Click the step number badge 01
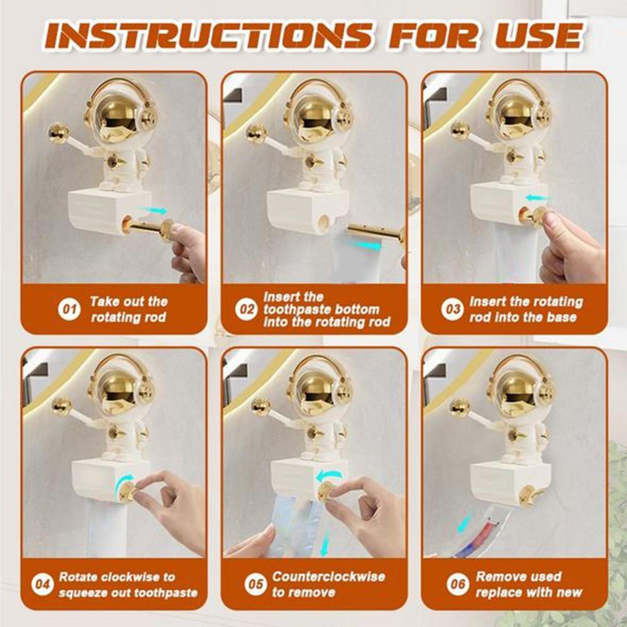click(x=69, y=309)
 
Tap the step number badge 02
click(x=246, y=309)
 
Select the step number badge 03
click(x=452, y=309)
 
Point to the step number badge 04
click(x=42, y=584)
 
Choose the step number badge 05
click(x=256, y=584)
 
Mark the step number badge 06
click(x=458, y=584)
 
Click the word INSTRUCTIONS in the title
click(x=208, y=36)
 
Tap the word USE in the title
click(x=539, y=36)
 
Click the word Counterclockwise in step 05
click(x=329, y=577)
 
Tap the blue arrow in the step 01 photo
click(x=152, y=210)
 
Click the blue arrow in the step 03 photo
click(x=537, y=198)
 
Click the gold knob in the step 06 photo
click(x=529, y=496)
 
